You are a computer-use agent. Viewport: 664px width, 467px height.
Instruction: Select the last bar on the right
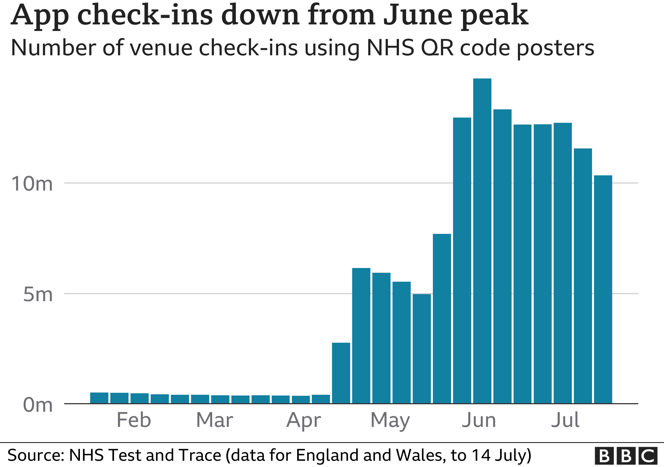pos(603,289)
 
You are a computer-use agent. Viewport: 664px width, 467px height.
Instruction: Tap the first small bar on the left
pos(99,398)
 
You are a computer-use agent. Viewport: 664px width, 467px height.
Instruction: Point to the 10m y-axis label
pos(32,184)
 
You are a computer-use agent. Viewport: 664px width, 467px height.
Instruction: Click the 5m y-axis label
pos(38,295)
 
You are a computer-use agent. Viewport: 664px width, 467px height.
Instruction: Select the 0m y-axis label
pos(38,405)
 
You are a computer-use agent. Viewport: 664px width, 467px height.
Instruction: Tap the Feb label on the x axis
pos(134,420)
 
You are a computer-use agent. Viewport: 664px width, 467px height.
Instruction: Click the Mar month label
pos(215,420)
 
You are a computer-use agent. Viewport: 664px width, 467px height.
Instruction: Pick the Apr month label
pos(304,420)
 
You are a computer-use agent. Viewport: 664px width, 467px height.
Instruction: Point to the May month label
pos(391,420)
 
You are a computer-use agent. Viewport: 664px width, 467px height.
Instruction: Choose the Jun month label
pos(479,420)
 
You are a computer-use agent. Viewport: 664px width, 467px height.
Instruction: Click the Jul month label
pos(565,420)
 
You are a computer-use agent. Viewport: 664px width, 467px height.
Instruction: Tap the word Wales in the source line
pos(419,455)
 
